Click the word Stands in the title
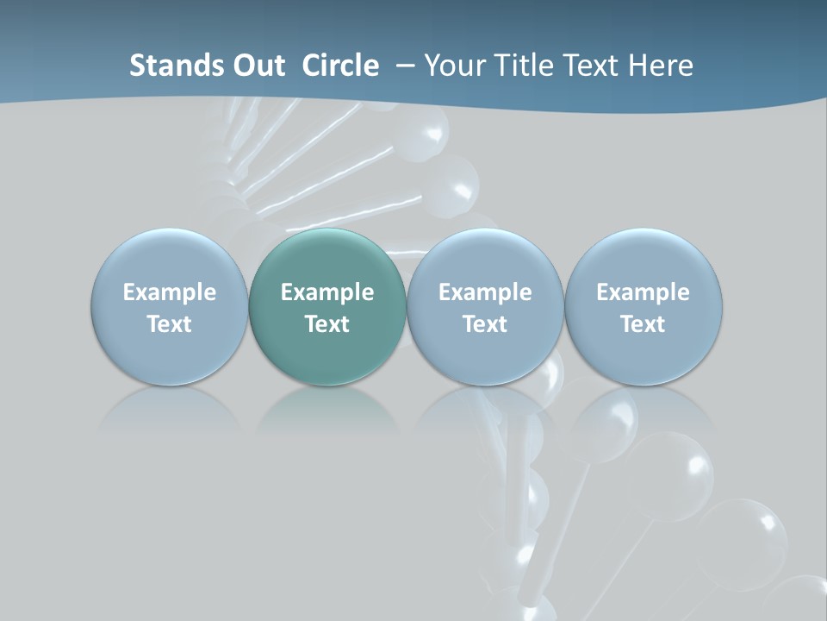click(x=171, y=66)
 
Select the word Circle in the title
click(x=340, y=66)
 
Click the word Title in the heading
click(x=519, y=66)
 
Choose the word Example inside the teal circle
click(x=327, y=292)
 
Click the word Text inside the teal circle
click(x=327, y=324)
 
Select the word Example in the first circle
click(x=170, y=292)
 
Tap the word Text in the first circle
click(x=170, y=324)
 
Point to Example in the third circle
click(x=485, y=292)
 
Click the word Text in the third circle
click(x=485, y=324)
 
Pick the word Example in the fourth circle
click(x=643, y=292)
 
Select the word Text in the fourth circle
click(x=643, y=324)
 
